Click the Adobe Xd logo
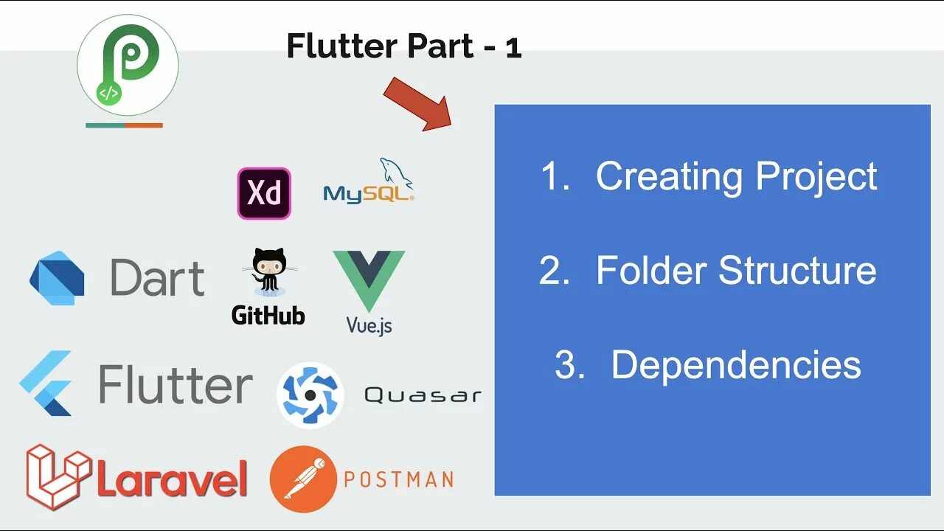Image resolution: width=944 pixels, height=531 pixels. point(264,193)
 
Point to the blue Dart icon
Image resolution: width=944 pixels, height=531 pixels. point(57,278)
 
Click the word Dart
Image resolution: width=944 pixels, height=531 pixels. point(157,278)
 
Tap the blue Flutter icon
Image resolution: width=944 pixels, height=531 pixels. point(46,383)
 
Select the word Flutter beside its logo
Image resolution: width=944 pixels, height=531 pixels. point(176,384)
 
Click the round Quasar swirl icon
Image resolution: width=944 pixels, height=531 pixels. point(310,395)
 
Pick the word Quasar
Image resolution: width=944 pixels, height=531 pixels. point(422,395)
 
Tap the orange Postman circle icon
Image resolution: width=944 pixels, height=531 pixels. point(303,479)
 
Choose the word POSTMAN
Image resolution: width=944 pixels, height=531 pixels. point(398,480)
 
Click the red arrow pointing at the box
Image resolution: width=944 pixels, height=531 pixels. point(417,103)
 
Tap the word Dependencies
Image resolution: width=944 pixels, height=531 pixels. point(736,364)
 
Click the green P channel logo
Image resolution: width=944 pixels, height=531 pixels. point(127,66)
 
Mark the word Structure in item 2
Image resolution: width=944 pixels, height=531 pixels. point(798,270)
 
